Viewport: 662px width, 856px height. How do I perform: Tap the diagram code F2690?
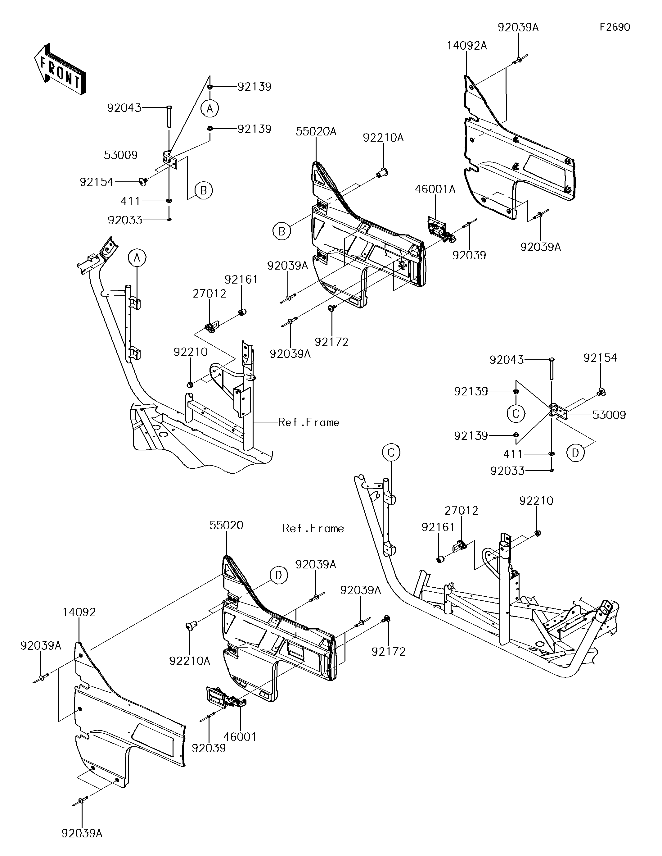[x=615, y=27]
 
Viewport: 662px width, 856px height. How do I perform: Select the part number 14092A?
[x=467, y=46]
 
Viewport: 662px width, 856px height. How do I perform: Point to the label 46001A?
[x=435, y=190]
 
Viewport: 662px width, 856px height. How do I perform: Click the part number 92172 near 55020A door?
[x=331, y=342]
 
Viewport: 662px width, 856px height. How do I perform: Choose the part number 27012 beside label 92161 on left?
[x=209, y=294]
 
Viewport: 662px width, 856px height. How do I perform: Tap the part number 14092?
[x=79, y=612]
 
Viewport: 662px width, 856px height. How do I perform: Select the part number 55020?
[x=227, y=526]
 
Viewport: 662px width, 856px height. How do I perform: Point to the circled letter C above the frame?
[x=391, y=453]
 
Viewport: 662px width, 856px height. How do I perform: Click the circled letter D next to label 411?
[x=575, y=453]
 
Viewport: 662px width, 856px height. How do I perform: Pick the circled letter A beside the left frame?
[x=137, y=258]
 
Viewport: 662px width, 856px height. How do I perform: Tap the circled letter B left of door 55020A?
[x=281, y=231]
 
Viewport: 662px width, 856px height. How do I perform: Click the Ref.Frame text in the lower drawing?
[x=313, y=528]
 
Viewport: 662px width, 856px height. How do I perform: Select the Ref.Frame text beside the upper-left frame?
[x=309, y=422]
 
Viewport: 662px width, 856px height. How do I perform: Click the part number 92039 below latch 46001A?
[x=469, y=256]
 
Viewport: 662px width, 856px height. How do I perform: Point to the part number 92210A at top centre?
[x=383, y=138]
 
